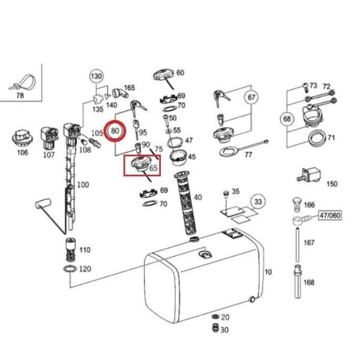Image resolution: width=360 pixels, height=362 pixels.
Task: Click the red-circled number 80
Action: click(x=115, y=130)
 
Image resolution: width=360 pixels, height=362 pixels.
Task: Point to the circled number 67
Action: click(x=251, y=97)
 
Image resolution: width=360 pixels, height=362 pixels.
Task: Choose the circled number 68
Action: click(x=286, y=119)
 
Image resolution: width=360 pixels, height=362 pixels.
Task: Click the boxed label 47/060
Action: click(x=330, y=214)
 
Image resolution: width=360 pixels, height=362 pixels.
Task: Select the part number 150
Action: click(x=331, y=184)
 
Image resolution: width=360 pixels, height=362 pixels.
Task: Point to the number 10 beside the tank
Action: click(x=268, y=273)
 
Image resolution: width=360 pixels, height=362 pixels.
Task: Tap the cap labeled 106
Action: click(x=22, y=139)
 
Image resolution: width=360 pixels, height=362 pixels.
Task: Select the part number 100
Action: click(x=83, y=184)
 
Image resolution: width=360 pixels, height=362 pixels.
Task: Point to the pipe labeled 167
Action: click(x=298, y=244)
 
